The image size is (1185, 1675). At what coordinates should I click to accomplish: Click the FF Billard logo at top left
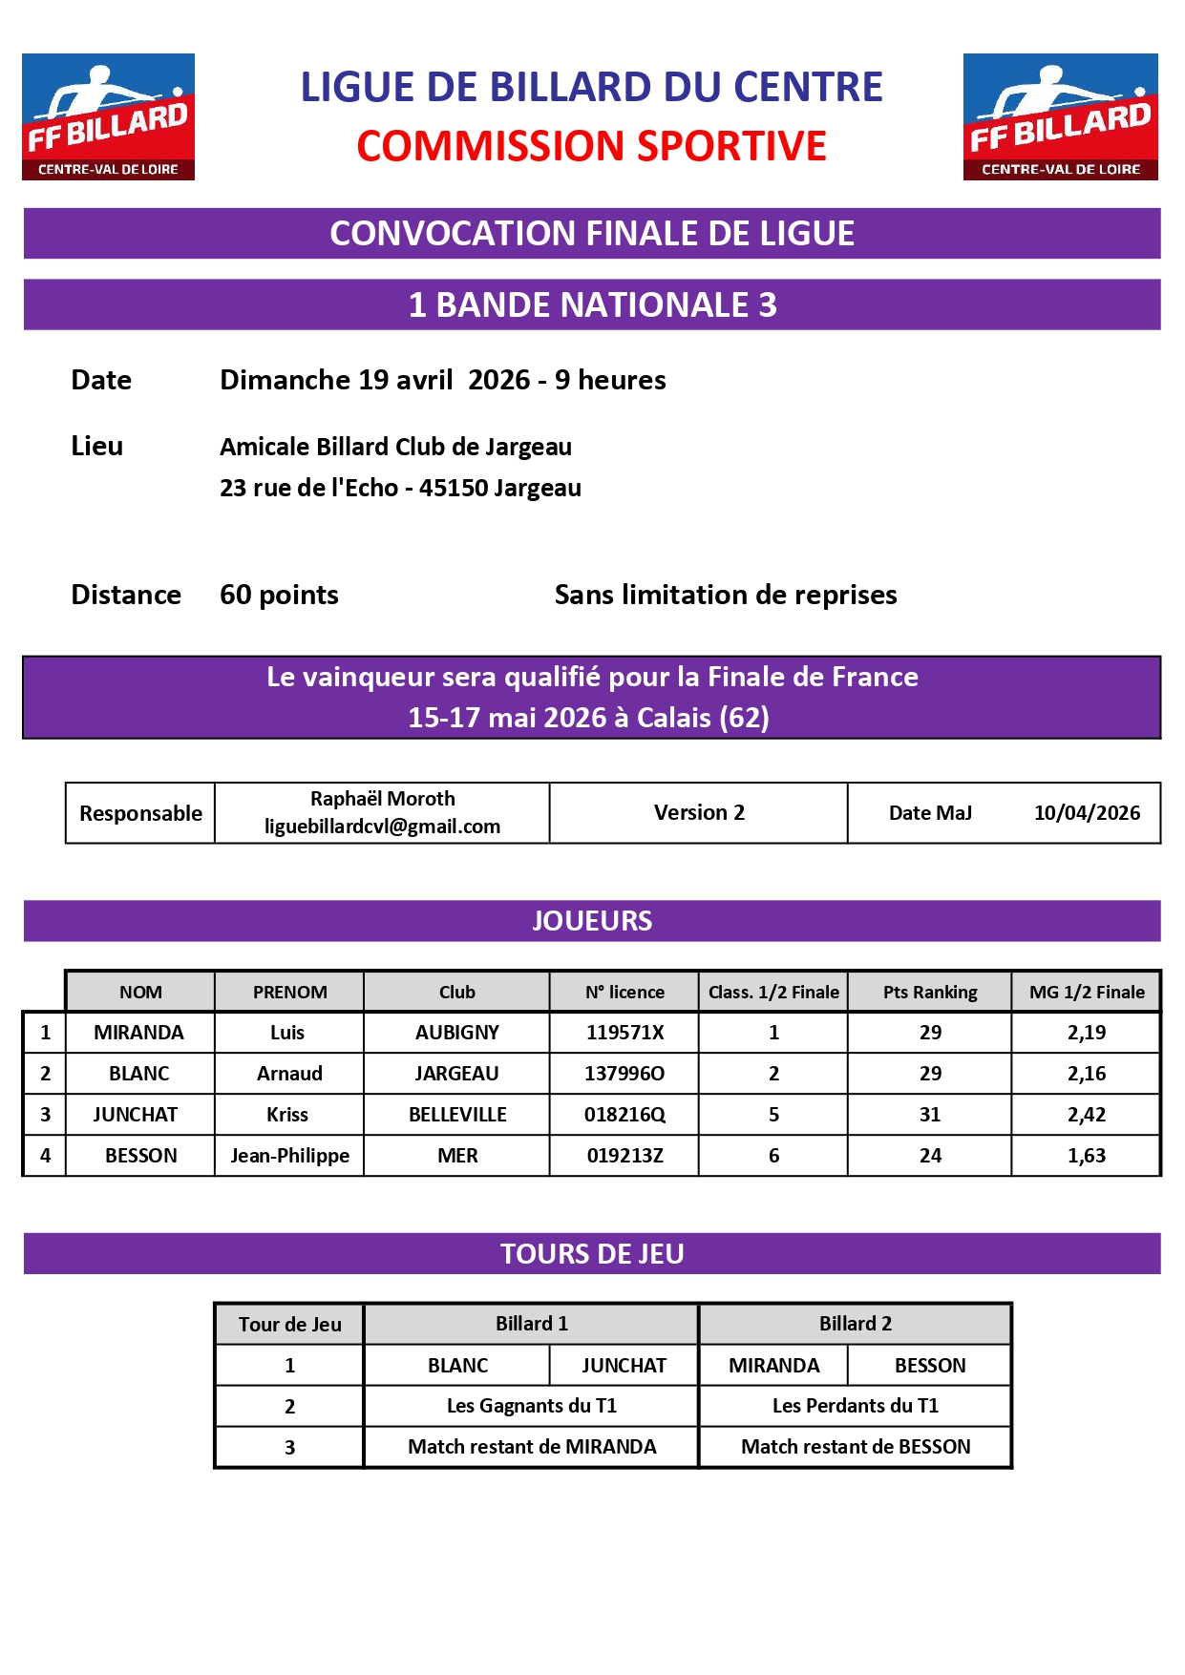pos(108,116)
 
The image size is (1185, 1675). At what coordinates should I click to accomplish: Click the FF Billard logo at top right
pos(1060,116)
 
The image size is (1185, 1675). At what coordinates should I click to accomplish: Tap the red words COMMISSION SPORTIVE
pos(591,146)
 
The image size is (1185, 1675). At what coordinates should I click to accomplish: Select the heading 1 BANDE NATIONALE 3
pos(592,305)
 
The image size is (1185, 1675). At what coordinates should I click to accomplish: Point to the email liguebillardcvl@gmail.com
pos(382,827)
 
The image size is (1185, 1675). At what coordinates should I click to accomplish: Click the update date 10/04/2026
pos(1087,813)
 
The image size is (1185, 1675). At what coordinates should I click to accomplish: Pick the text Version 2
pos(699,813)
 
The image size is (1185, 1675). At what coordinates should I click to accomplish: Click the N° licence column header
pos(624,993)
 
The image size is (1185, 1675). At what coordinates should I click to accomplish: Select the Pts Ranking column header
pos(930,993)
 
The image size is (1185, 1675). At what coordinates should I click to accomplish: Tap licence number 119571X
pos(624,1033)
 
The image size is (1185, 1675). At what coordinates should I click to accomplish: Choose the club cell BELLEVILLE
pos(457,1115)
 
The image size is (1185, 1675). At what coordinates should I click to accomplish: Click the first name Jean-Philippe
pos(289,1156)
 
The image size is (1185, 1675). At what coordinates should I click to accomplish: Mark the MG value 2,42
pos(1087,1115)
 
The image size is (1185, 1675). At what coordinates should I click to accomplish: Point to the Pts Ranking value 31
pos(930,1115)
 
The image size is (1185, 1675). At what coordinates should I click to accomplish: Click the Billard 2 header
pos(855,1324)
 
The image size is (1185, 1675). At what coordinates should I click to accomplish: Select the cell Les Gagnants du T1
pos(531,1406)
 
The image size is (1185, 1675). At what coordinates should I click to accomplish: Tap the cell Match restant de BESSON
pos(855,1447)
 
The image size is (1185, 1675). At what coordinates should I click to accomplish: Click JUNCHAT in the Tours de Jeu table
pos(624,1366)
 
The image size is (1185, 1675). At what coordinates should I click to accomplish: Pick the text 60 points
pos(279,595)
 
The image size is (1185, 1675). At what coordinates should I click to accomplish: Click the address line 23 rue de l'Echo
pos(400,488)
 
